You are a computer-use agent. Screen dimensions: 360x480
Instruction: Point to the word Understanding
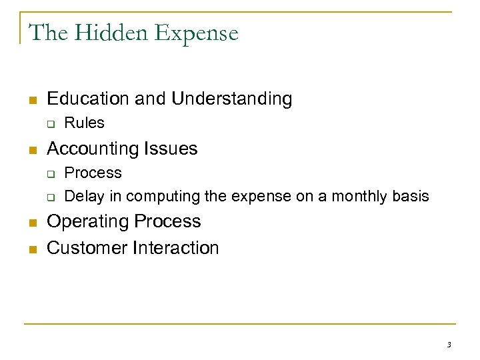point(231,99)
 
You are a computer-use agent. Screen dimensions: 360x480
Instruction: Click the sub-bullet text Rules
point(84,123)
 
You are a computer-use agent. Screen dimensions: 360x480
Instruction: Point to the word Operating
point(88,222)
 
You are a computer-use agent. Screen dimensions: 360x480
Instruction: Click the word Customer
point(87,248)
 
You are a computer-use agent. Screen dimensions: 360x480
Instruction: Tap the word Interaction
point(176,248)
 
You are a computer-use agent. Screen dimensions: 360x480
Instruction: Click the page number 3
point(449,345)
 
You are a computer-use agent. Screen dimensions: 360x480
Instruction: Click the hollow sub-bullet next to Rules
point(50,123)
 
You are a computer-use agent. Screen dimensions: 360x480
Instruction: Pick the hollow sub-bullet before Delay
point(50,197)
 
